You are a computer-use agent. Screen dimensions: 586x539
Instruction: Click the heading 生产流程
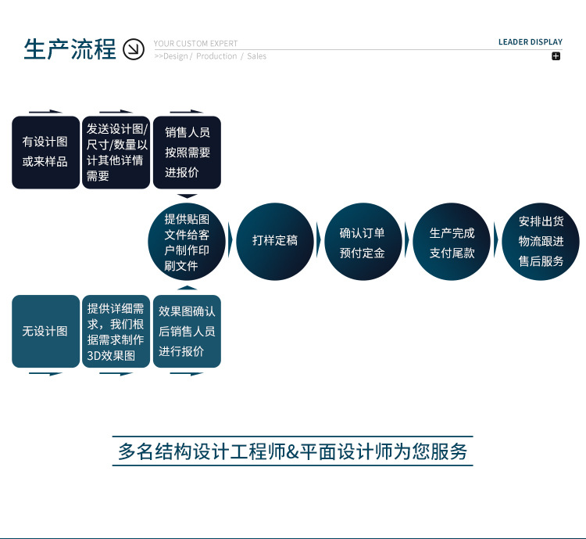point(70,49)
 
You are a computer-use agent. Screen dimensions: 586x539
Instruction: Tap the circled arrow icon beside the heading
point(134,49)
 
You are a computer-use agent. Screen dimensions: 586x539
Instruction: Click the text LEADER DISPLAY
point(531,42)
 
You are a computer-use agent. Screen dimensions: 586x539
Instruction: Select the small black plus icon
point(556,56)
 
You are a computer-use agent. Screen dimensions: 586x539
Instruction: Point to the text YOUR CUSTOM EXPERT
point(195,44)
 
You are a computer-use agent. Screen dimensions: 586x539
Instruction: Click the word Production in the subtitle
point(216,56)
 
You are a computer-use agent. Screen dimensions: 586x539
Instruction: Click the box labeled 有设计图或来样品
point(45,153)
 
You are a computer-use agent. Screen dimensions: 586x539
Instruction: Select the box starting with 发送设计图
point(116,153)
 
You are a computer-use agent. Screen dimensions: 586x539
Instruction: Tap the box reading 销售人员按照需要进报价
point(187,153)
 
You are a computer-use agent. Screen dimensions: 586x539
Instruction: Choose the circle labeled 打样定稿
point(275,242)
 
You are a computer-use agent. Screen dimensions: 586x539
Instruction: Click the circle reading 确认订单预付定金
point(363,242)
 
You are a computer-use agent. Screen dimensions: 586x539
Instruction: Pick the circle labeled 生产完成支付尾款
point(452,242)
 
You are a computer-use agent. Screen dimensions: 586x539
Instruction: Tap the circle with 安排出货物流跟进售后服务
point(541,242)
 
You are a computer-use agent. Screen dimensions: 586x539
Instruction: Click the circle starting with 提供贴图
point(187,242)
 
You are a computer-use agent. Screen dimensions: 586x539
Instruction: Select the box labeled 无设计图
point(45,331)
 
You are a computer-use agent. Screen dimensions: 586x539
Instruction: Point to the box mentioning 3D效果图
point(116,331)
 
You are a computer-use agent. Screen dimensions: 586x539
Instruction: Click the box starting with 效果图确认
point(187,331)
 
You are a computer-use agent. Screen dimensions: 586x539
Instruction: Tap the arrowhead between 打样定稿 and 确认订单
point(319,240)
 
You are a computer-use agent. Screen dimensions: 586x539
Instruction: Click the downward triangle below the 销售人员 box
point(188,196)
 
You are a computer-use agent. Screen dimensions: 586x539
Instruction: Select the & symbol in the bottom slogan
point(292,452)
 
